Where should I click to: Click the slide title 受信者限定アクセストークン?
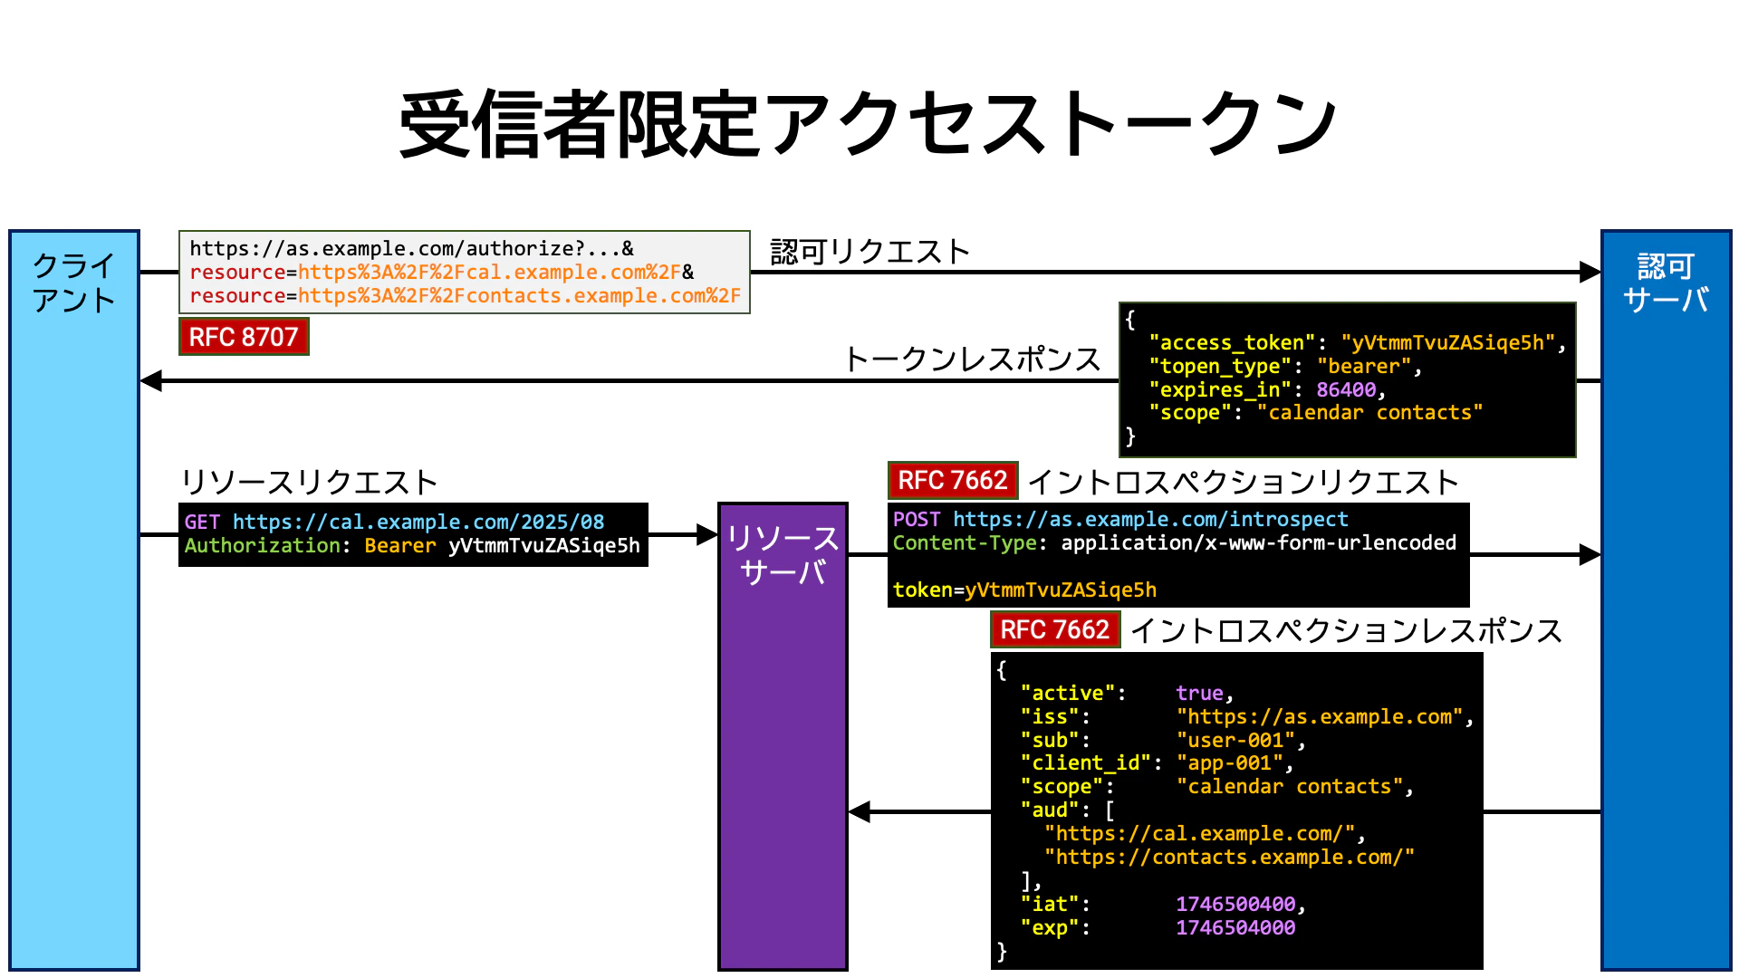[x=868, y=124]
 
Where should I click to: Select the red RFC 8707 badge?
[x=244, y=337]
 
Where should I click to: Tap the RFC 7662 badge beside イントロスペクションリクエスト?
[x=952, y=480]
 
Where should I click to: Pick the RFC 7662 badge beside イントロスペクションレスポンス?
[x=1054, y=629]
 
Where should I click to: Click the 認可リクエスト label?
[x=869, y=251]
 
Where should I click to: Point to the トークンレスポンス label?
[x=972, y=360]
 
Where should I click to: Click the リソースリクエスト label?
[x=309, y=482]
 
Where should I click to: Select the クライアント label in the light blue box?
[x=74, y=283]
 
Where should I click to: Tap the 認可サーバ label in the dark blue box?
[x=1666, y=283]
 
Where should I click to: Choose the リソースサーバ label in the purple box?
[x=783, y=555]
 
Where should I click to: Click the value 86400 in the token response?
[x=1346, y=389]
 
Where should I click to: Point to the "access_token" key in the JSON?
[x=1232, y=342]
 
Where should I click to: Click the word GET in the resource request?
[x=202, y=522]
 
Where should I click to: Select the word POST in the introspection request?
[x=916, y=519]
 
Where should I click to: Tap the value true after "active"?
[x=1199, y=693]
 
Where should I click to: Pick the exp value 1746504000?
[x=1235, y=927]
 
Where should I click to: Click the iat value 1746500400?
[x=1235, y=904]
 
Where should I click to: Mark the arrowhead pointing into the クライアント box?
[x=151, y=380]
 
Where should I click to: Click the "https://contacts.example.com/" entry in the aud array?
[x=1229, y=857]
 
